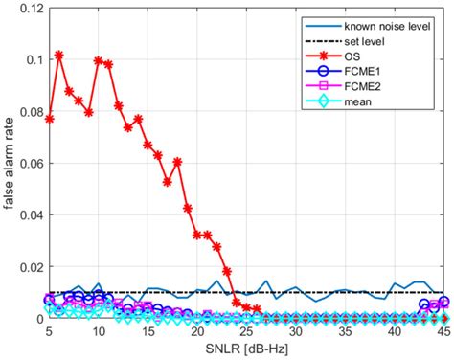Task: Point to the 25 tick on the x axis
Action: click(246, 330)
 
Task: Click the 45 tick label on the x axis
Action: click(443, 330)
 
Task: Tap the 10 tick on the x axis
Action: click(99, 330)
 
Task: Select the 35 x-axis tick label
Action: click(344, 330)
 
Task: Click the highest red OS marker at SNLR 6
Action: click(59, 56)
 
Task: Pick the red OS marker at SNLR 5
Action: click(49, 119)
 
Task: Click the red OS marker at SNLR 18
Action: click(177, 162)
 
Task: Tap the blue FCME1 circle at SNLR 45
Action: click(443, 302)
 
